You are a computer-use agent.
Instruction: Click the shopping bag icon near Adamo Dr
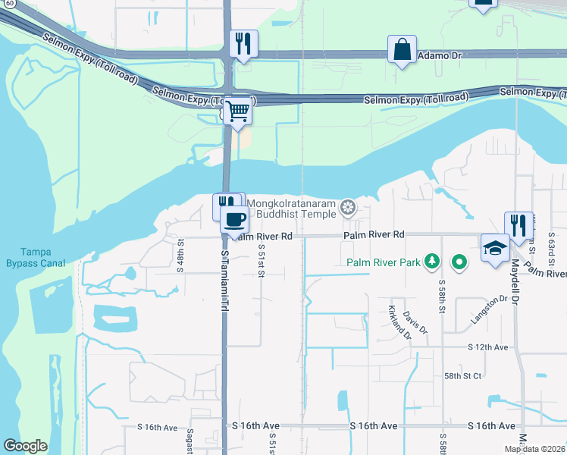402,50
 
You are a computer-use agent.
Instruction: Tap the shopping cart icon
238,112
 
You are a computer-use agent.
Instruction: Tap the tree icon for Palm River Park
432,262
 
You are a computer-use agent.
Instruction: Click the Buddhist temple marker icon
348,207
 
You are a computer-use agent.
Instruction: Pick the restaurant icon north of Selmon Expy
243,44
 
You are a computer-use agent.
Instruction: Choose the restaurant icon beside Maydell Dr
518,225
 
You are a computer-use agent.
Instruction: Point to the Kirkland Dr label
398,322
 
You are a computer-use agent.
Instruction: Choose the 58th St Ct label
462,375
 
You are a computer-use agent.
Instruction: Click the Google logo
25,446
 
